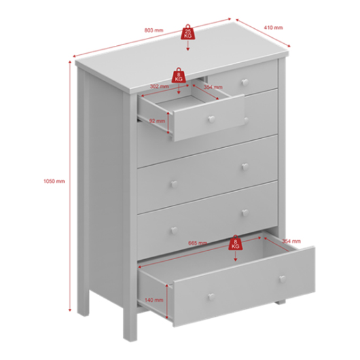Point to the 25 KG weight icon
pos(188,32)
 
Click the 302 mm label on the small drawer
pos(159,86)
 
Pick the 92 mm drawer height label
pos(156,121)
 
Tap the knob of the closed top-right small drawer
pos(245,82)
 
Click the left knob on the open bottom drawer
pos(211,298)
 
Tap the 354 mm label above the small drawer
pos(213,86)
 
